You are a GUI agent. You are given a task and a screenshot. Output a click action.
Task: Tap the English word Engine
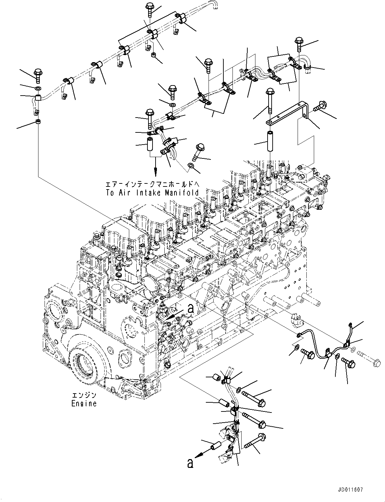[84, 403]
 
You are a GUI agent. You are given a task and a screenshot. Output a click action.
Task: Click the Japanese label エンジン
[84, 395]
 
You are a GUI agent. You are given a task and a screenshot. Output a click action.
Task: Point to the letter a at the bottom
[190, 463]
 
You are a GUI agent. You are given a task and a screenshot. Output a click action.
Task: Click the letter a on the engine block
[191, 308]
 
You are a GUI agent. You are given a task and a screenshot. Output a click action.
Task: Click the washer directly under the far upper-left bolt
[38, 88]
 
